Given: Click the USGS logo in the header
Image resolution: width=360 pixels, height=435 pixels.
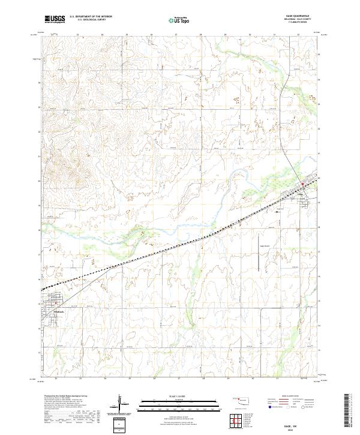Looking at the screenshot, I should (x=56, y=20).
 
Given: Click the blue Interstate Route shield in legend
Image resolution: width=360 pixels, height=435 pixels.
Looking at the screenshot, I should (x=270, y=406).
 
